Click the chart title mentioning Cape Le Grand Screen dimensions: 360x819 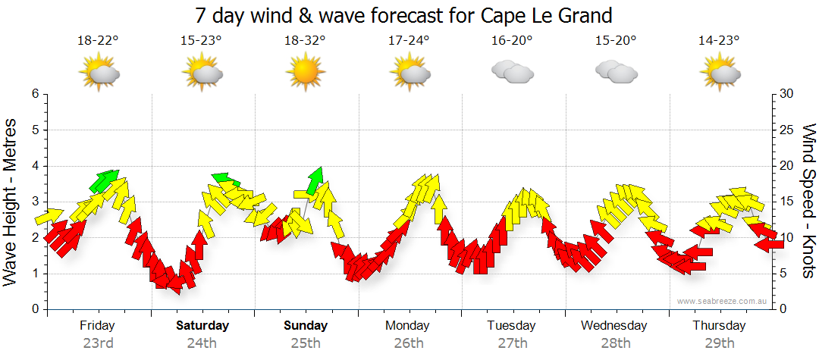pyautogui.click(x=403, y=15)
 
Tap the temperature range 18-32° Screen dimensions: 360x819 pyautogui.click(x=305, y=41)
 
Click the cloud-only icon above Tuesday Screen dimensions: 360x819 pyautogui.click(x=512, y=71)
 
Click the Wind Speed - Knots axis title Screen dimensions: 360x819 pyautogui.click(x=808, y=201)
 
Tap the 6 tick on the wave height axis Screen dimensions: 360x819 pyautogui.click(x=34, y=94)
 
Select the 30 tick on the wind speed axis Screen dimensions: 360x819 pyautogui.click(x=788, y=94)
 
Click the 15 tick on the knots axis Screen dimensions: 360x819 pyautogui.click(x=787, y=202)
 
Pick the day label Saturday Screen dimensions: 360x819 pyautogui.click(x=202, y=326)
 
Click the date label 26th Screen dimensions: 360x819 pyautogui.click(x=409, y=343)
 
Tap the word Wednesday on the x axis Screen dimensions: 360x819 pyautogui.click(x=614, y=326)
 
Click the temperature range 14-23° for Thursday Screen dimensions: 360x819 pyautogui.click(x=719, y=41)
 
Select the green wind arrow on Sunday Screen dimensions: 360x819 pyautogui.click(x=314, y=180)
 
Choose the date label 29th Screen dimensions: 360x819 pyautogui.click(x=718, y=343)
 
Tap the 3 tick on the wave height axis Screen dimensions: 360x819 pyautogui.click(x=34, y=202)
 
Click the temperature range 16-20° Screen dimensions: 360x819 pyautogui.click(x=512, y=41)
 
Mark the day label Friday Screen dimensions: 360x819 pyautogui.click(x=98, y=326)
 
